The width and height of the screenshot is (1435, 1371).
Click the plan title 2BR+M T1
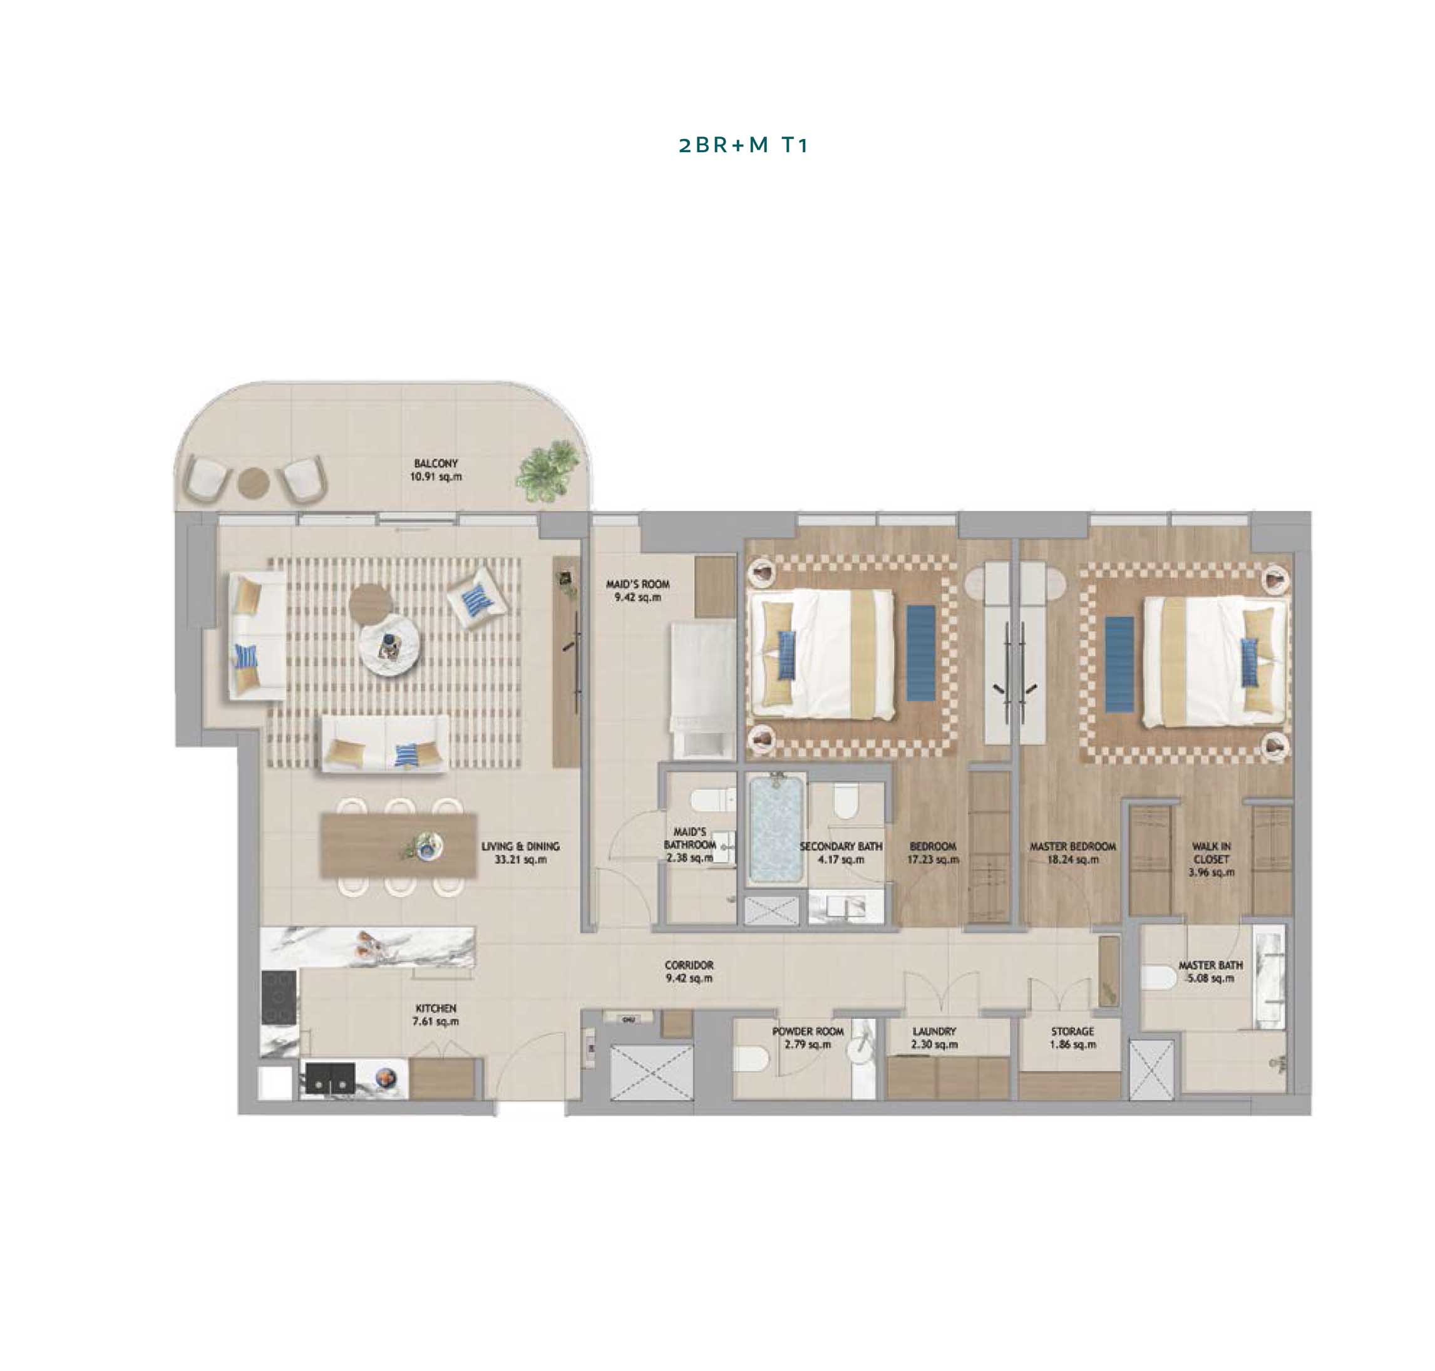pos(743,145)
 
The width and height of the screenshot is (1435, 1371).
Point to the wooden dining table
pos(398,846)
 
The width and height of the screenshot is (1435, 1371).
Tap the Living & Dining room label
pos(520,853)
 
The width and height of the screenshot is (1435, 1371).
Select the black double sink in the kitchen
pos(331,1077)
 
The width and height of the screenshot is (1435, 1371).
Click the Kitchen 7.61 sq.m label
pos(436,1015)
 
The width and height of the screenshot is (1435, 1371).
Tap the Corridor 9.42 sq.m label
pos(689,971)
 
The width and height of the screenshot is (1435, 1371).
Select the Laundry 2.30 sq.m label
pos(934,1038)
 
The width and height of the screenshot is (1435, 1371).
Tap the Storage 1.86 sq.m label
pos(1072,1038)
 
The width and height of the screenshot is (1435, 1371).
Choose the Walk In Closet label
pos(1211,859)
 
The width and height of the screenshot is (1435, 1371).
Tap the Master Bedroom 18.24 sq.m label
pos(1072,853)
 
